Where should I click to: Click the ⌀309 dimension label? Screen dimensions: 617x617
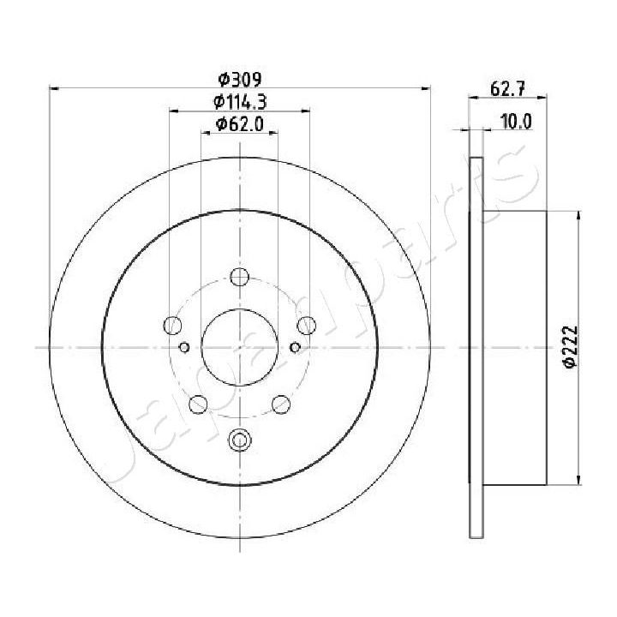(239, 80)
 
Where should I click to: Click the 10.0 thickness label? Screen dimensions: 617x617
(516, 121)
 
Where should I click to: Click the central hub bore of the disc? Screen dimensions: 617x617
(239, 347)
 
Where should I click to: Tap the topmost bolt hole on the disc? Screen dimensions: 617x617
(239, 277)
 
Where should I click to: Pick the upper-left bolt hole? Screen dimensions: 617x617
(173, 325)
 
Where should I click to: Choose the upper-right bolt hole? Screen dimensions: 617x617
(306, 325)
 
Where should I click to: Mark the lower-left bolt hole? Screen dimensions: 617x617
(198, 403)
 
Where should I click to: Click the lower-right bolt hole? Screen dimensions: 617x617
(280, 403)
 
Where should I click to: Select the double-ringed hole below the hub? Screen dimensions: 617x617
(239, 440)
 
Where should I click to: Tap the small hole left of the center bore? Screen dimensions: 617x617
(184, 347)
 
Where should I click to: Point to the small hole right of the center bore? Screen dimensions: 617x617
(295, 347)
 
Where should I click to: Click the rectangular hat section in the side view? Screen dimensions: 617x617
(514, 347)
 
